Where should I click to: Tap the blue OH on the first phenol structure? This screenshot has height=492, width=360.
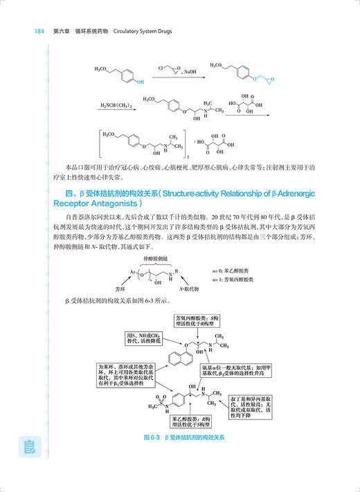141,81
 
